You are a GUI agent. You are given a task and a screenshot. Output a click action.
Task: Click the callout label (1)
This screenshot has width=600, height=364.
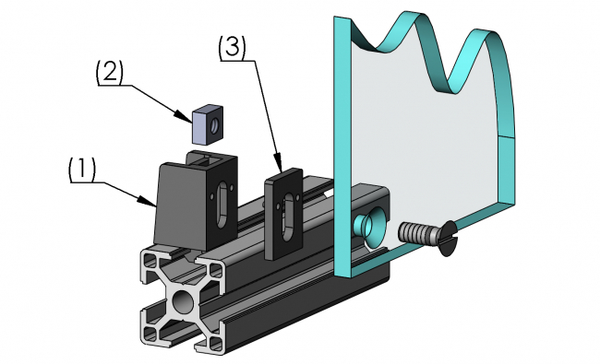click(x=81, y=170)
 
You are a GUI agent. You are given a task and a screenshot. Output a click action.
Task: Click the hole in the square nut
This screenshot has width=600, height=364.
click(x=213, y=121)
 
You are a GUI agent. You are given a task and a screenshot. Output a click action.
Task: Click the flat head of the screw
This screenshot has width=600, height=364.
click(x=447, y=239)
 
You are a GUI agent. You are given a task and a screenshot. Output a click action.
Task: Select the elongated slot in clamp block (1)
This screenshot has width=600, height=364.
click(x=222, y=205)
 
